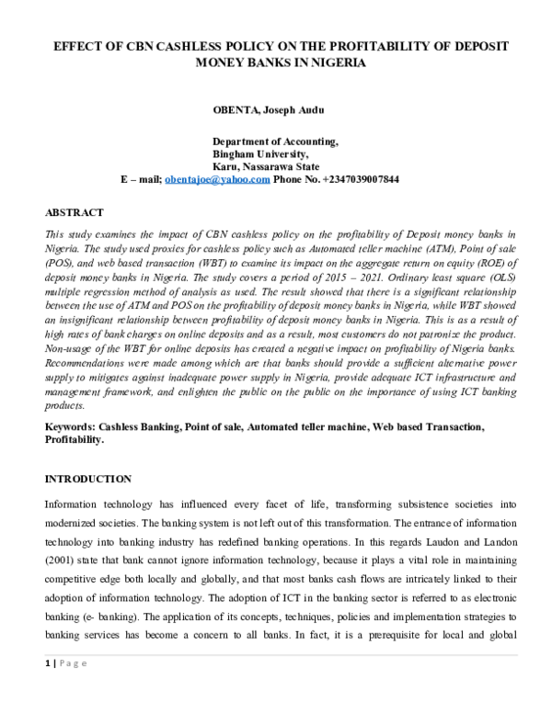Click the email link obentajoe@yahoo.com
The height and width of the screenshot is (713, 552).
click(x=216, y=180)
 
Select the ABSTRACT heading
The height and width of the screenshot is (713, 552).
click(x=75, y=212)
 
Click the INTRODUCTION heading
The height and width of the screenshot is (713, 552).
click(x=88, y=480)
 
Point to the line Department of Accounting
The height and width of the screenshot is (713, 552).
click(x=275, y=141)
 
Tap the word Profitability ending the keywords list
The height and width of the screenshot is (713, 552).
click(x=74, y=440)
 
